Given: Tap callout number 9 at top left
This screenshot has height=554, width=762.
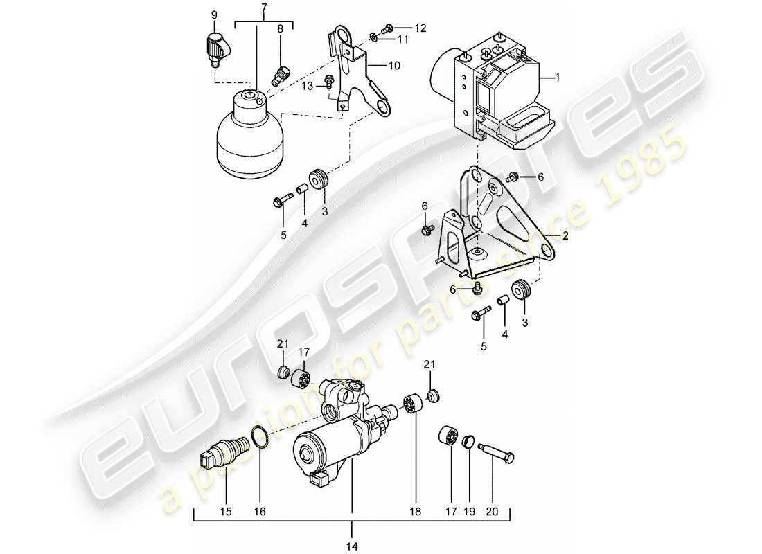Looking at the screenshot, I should [213, 15].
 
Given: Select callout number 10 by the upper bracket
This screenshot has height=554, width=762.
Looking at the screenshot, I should [393, 66].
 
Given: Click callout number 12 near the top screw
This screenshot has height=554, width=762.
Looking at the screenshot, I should [421, 28].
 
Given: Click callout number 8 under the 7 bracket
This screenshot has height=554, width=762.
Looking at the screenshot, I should [281, 30].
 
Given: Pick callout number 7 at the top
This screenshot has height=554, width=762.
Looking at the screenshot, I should [264, 7].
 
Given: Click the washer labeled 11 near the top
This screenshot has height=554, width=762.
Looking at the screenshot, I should [373, 37].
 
